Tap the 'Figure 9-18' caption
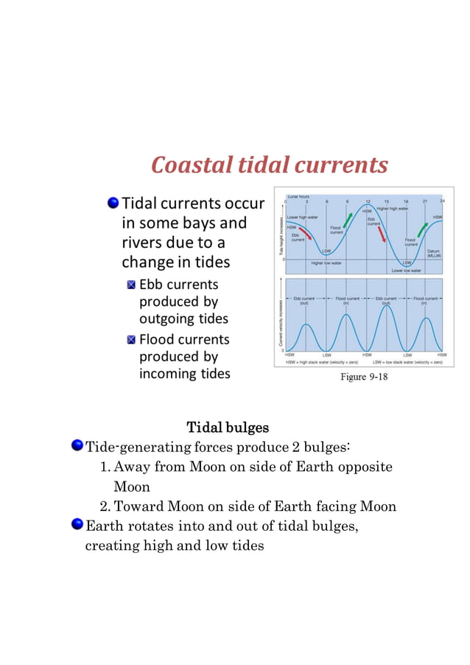click(363, 377)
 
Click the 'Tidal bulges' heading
click(228, 428)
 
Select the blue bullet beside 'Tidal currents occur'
click(113, 202)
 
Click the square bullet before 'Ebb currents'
click(131, 285)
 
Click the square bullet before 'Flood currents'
click(131, 340)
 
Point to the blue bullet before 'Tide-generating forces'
click(77, 446)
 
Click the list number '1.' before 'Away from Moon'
click(105, 467)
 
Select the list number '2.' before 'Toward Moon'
click(105, 506)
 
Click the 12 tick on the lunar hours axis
click(367, 201)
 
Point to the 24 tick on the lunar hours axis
click(441, 201)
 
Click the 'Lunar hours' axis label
click(298, 197)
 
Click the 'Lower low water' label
click(406, 271)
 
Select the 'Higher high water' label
click(393, 209)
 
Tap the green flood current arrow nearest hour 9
click(348, 219)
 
